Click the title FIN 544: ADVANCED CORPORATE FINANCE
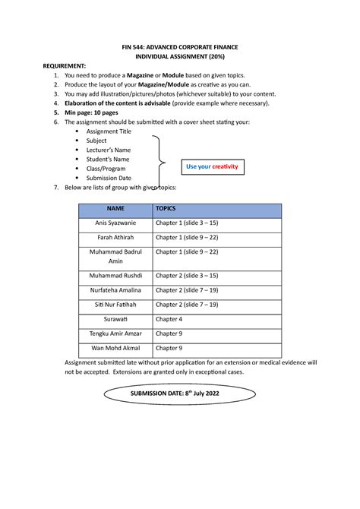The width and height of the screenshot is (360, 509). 180,47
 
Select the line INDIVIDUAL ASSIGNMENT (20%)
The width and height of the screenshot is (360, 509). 180,57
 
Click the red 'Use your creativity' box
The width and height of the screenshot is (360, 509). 212,166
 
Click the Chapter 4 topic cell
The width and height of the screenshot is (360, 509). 169,319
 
